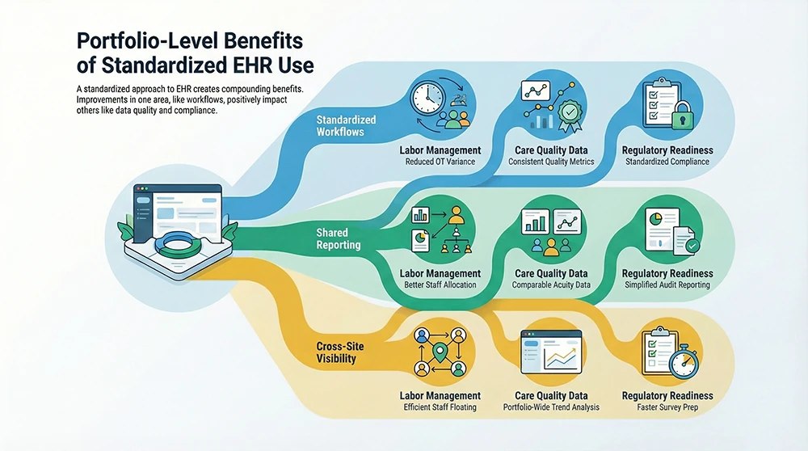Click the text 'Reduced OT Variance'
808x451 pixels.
point(440,162)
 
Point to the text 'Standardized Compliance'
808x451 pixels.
point(667,162)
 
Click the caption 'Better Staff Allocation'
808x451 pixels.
point(440,285)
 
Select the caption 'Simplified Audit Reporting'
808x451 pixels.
point(667,285)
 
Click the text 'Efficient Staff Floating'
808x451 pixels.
point(440,407)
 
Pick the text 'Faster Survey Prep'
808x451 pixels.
point(667,407)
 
